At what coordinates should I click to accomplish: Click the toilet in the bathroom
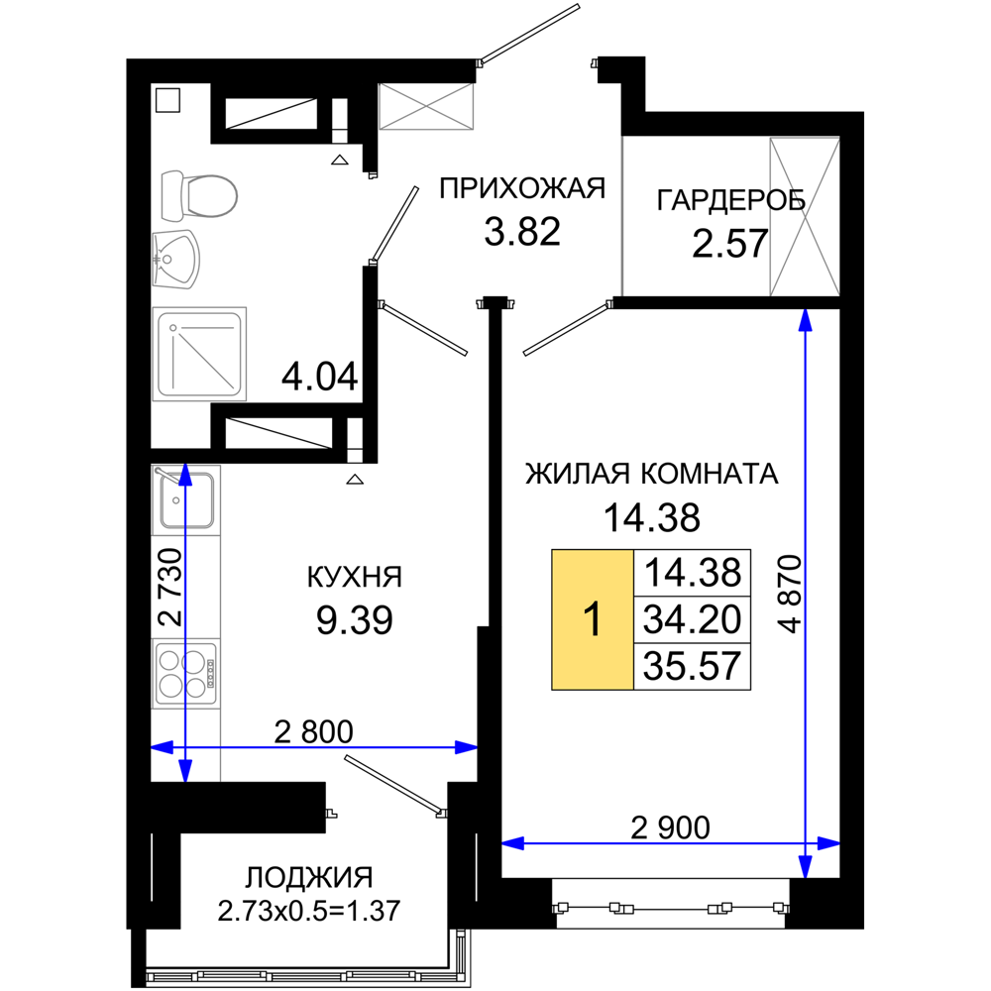[199, 196]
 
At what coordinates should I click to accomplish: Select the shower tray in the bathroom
[199, 354]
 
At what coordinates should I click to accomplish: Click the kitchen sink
[186, 499]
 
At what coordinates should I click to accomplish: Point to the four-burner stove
[186, 674]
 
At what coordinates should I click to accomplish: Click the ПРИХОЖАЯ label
[522, 188]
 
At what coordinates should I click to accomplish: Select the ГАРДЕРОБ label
[731, 200]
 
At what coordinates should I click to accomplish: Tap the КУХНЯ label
[355, 577]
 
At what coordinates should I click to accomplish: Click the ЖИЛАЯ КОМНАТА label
[652, 474]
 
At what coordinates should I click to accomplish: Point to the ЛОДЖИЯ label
[309, 877]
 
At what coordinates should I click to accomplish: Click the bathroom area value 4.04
[320, 378]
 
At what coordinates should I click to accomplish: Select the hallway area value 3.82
[522, 231]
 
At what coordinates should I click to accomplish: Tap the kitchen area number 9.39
[355, 620]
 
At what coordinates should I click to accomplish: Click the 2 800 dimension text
[313, 732]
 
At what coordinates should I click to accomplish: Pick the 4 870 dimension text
[790, 594]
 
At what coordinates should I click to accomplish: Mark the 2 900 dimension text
[671, 827]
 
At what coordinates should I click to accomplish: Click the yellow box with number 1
[593, 619]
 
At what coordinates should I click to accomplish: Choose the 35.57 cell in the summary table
[692, 666]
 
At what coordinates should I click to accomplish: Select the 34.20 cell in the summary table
[692, 620]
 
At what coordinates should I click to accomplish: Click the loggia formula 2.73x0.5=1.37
[309, 912]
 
